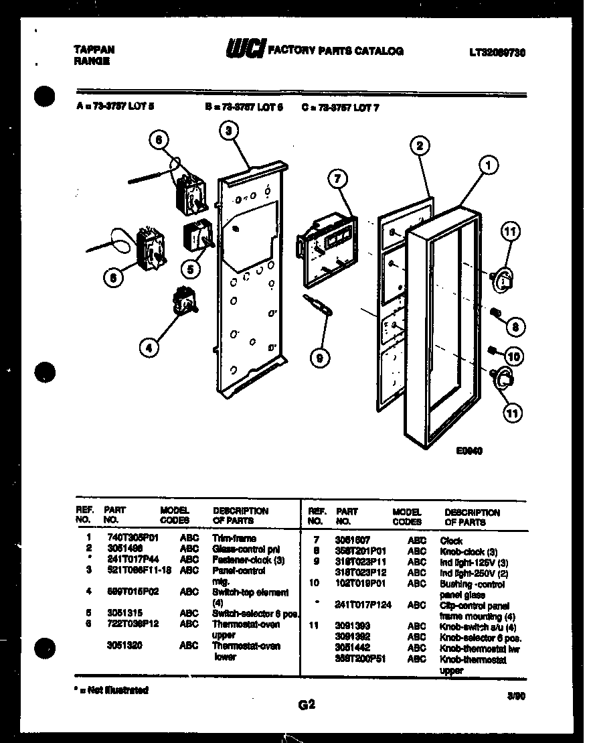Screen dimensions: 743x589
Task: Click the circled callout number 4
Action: [x=150, y=346]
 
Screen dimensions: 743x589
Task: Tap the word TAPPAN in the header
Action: [x=93, y=49]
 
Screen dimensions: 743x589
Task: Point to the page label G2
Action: [x=306, y=704]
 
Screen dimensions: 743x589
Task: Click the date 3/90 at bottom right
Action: [x=516, y=696]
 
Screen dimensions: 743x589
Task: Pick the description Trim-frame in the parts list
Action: [x=234, y=538]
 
